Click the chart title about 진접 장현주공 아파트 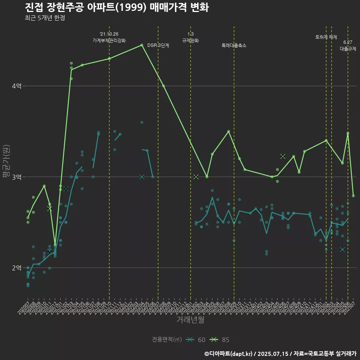pyautogui.click(x=117, y=7)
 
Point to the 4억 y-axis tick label pyautogui.click(x=16, y=86)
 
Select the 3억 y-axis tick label pyautogui.click(x=16, y=177)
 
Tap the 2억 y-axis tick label pyautogui.click(x=16, y=268)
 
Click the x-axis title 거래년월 pyautogui.click(x=190, y=320)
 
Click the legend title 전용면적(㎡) pyautogui.click(x=167, y=340)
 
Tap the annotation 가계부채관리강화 pyautogui.click(x=109, y=40)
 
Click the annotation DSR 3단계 pyautogui.click(x=158, y=45)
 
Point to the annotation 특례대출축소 pyautogui.click(x=234, y=45)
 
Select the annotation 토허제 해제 pyautogui.click(x=326, y=37)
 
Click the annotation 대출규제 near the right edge pyautogui.click(x=348, y=49)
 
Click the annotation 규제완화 pyautogui.click(x=190, y=40)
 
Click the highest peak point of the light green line pyautogui.click(x=142, y=45)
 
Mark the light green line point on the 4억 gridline pyautogui.click(x=163, y=86)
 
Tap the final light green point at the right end pyautogui.click(x=353, y=196)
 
